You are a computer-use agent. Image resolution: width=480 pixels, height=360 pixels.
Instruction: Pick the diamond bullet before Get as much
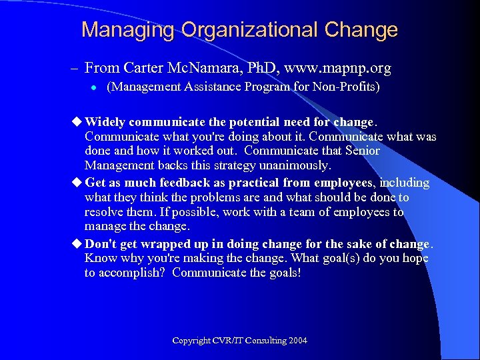(77, 183)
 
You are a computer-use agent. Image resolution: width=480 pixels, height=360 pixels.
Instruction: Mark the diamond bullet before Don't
(77, 243)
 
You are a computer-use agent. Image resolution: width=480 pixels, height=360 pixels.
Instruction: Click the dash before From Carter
(73, 69)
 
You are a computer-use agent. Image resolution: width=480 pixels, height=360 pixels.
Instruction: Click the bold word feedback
(188, 183)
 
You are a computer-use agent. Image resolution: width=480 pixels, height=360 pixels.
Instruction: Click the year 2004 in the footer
(298, 341)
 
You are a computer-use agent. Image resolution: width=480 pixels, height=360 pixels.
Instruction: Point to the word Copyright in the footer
(192, 341)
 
